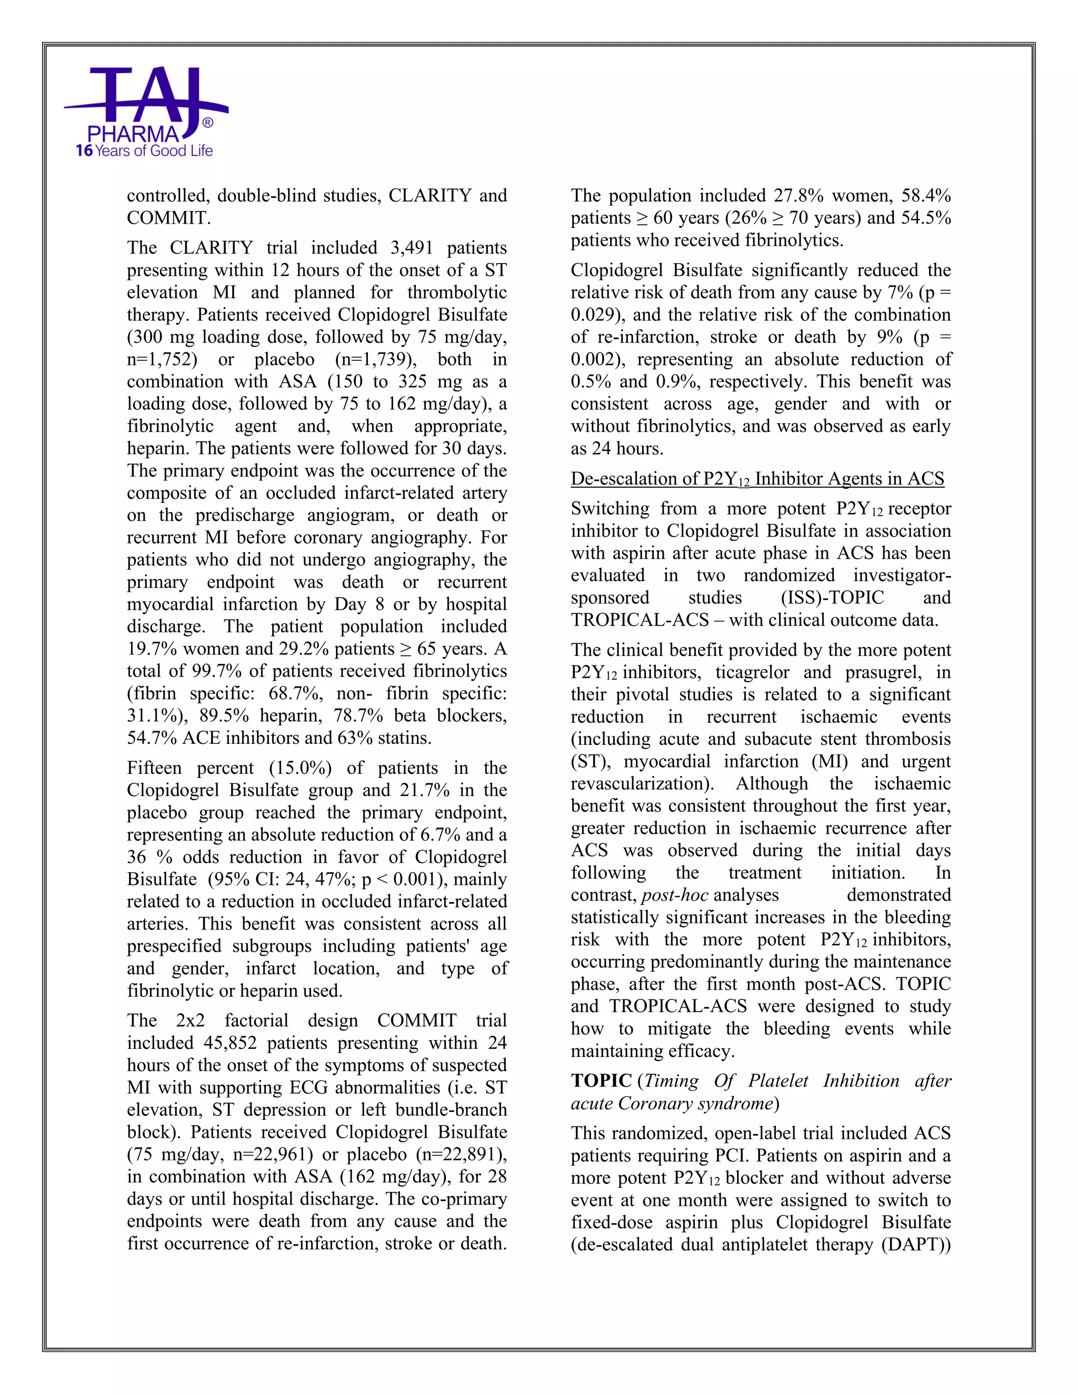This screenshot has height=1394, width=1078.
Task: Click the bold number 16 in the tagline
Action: [84, 151]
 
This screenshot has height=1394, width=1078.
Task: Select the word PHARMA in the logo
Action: [134, 134]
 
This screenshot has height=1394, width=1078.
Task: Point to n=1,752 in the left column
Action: [162, 359]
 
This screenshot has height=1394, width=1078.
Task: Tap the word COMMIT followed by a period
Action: [168, 218]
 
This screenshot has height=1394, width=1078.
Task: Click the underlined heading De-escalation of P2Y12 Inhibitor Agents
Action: [757, 479]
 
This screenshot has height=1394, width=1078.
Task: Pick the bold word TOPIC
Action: [602, 1080]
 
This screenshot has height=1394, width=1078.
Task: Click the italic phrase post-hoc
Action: [674, 895]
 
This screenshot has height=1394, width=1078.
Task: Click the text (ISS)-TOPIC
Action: [832, 598]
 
